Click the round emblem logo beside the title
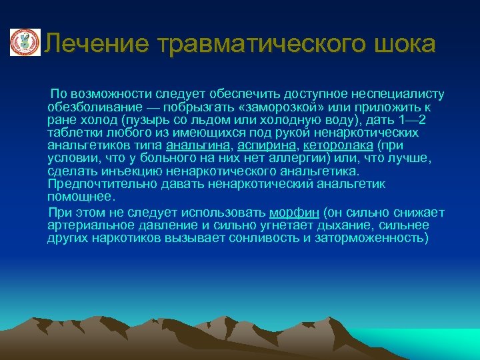(x=25, y=43)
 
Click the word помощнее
(x=81, y=196)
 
